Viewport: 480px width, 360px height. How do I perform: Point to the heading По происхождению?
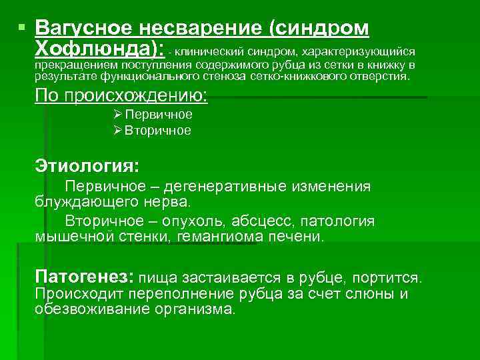[121, 95]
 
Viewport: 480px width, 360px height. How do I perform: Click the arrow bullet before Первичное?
[118, 114]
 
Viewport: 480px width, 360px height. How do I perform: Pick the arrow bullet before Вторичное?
[118, 130]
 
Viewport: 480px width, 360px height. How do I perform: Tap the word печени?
[301, 237]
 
